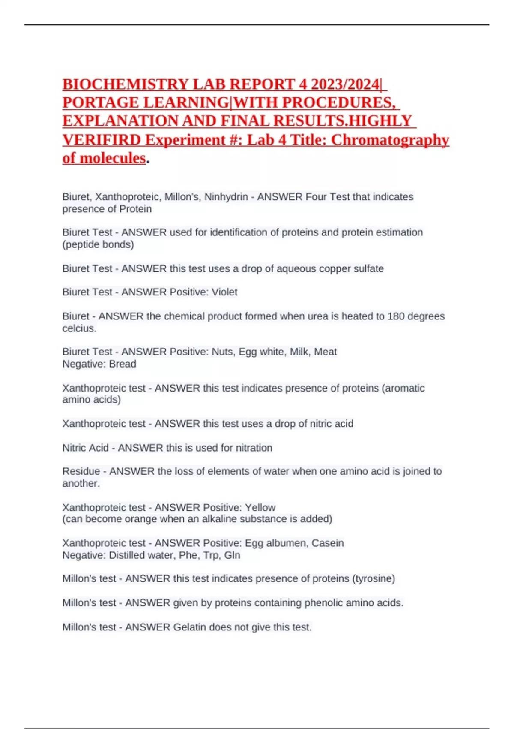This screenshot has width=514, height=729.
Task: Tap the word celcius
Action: click(x=79, y=328)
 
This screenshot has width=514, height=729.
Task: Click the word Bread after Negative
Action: click(x=123, y=364)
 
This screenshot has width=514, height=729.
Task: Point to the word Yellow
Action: click(x=260, y=507)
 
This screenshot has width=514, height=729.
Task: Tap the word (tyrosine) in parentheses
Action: click(x=373, y=578)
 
